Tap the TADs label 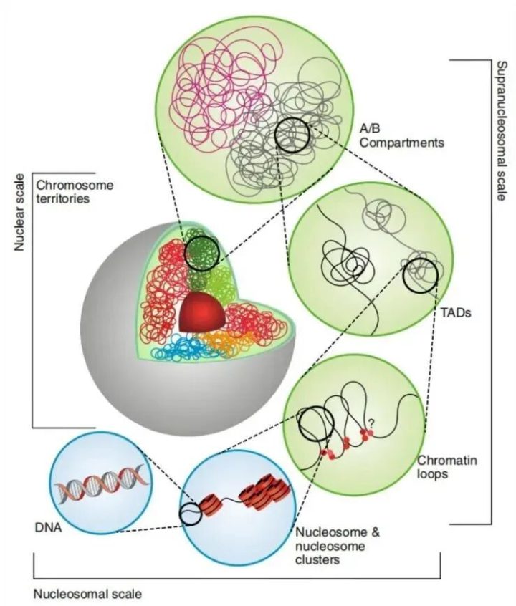[449, 312]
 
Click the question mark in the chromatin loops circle [370, 420]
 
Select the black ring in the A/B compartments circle [292, 134]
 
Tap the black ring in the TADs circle [419, 277]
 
